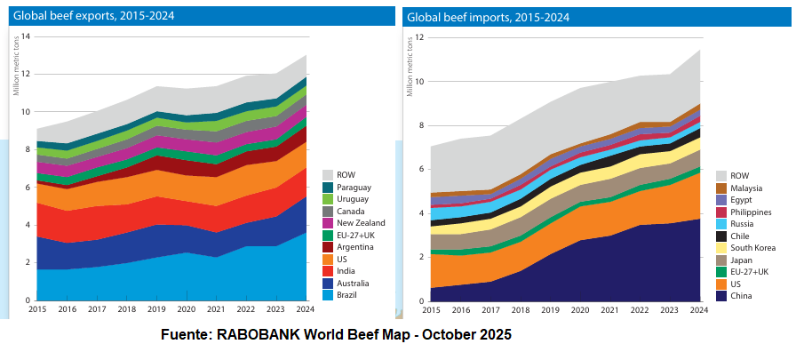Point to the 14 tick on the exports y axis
point(25,36)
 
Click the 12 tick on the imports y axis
point(419,38)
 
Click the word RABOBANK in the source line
point(271,336)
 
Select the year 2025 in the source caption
point(495,336)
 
